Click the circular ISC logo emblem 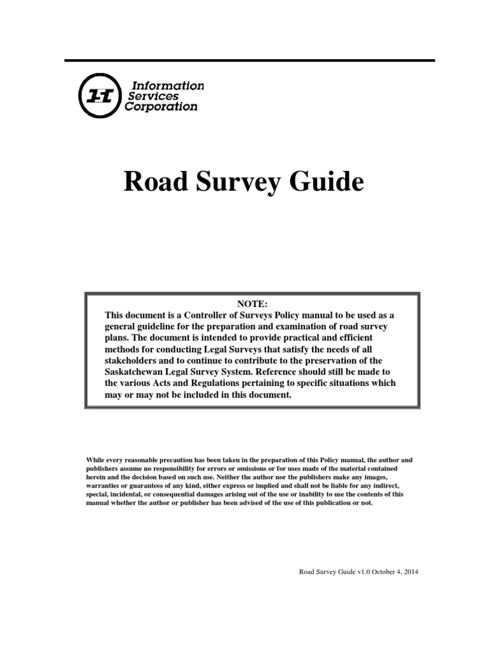(100, 96)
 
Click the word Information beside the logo (168, 85)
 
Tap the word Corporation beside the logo (163, 107)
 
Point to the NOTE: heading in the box (252, 304)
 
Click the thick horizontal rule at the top (250, 60)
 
